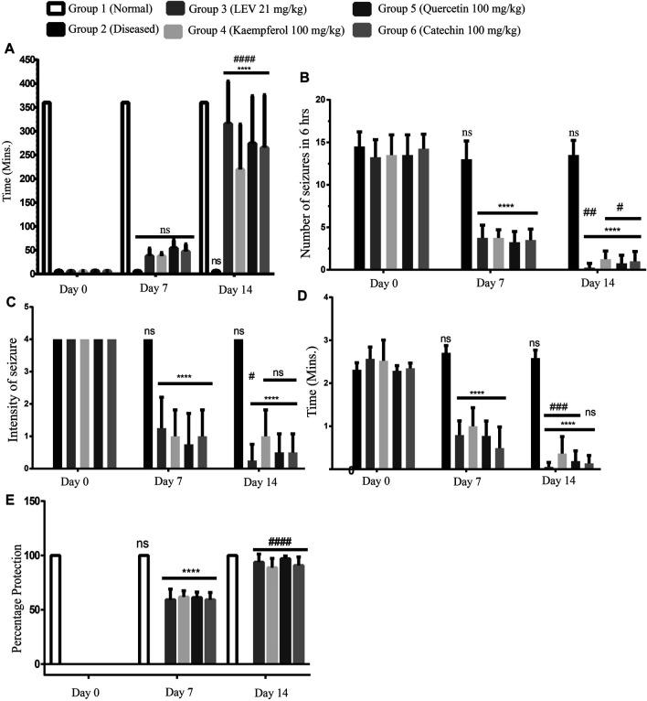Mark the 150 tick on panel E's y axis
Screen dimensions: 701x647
point(27,501)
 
